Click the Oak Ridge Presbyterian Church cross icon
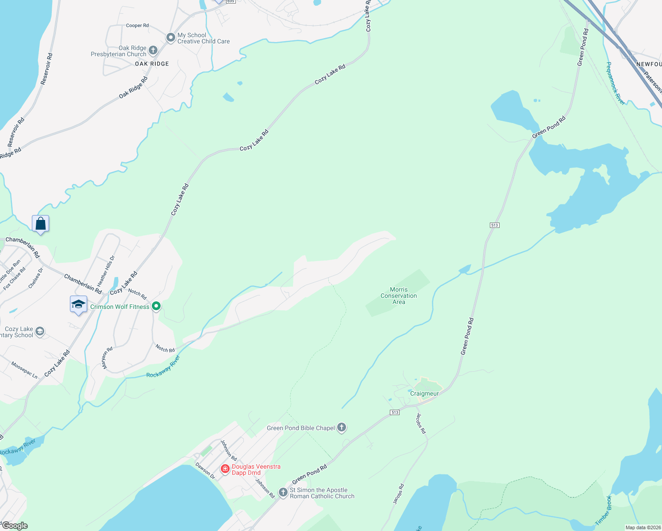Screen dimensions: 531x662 pos(153,50)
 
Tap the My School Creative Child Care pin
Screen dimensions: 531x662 pos(170,38)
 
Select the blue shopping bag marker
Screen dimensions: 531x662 pos(40,223)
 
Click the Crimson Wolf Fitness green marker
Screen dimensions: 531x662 pos(156,306)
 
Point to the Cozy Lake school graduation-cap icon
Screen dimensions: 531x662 pos(40,332)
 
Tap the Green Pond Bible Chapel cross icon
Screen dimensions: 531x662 pos(341,427)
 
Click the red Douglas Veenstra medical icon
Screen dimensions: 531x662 pos(225,469)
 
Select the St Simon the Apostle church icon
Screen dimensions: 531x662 pos(283,493)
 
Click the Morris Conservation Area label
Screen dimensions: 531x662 pos(399,296)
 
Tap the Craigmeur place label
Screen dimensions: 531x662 pos(424,393)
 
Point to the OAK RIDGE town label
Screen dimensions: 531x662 pos(152,64)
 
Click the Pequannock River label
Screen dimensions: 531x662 pos(616,84)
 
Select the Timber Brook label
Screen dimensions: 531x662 pos(603,511)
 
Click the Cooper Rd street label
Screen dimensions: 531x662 pos(137,26)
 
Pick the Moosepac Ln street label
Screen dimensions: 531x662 pos(24,369)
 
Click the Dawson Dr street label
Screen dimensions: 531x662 pos(205,471)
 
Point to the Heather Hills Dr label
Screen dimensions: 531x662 pos(106,270)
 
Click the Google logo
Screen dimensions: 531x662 pos(15,526)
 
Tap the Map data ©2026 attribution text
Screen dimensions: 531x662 pos(643,527)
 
